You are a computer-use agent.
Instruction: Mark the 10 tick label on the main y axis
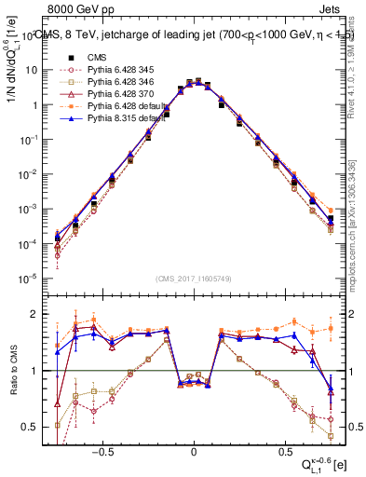pos(31,70)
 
